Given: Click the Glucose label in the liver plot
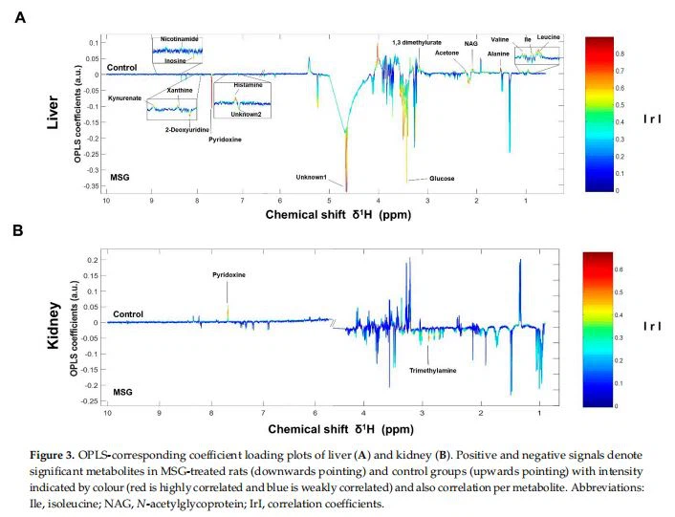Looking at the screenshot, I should tap(442, 179).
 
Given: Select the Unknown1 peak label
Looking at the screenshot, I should tap(312, 178).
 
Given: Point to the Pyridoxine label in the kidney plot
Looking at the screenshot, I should tap(229, 274).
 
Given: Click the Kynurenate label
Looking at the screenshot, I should tap(125, 98).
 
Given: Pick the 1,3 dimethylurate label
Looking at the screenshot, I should tap(417, 43).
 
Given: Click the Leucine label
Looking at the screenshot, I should tap(548, 36).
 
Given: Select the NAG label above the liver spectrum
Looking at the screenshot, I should tap(471, 43).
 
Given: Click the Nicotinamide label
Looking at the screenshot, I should tap(180, 39).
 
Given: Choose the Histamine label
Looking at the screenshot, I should tap(248, 85).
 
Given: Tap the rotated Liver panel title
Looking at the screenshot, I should tap(55, 113).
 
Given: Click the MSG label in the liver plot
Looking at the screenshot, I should tap(120, 178).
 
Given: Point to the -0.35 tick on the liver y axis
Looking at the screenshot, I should tap(92, 185).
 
